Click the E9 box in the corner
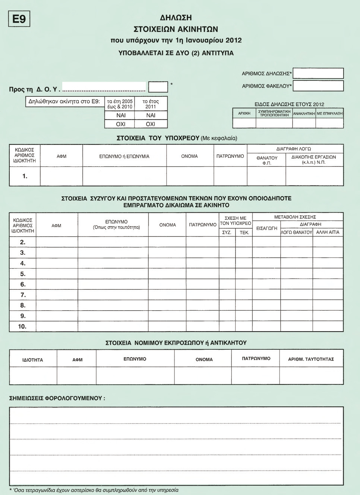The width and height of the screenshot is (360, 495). [x=19, y=19]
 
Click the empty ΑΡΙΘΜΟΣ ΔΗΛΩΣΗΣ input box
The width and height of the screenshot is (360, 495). [x=318, y=73]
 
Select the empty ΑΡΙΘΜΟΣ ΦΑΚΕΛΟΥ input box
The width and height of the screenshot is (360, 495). [x=318, y=86]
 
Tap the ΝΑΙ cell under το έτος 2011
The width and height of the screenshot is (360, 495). [x=151, y=115]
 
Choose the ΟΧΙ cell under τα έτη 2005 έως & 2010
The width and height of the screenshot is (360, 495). [x=121, y=124]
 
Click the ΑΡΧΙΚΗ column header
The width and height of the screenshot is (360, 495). [x=244, y=113]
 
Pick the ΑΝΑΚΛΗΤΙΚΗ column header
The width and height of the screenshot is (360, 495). [x=304, y=113]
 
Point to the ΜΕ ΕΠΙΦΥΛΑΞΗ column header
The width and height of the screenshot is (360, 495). [x=329, y=113]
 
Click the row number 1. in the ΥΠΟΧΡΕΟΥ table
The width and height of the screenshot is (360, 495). [x=25, y=176]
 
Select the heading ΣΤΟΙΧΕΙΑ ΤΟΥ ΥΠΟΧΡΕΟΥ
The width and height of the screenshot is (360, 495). [x=158, y=138]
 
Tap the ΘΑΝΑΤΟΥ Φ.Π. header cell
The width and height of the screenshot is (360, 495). [x=267, y=161]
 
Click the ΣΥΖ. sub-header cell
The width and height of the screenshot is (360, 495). [x=227, y=232]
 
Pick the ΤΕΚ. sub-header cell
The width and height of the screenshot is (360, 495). [x=244, y=232]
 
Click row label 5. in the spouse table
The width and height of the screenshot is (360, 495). [x=23, y=274]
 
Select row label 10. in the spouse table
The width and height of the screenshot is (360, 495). [x=22, y=327]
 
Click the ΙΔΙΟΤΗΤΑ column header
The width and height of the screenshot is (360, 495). [x=33, y=360]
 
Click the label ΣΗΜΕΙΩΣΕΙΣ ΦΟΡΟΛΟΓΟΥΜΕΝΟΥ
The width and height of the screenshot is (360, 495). [x=57, y=398]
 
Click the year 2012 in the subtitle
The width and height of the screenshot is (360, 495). [x=234, y=40]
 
